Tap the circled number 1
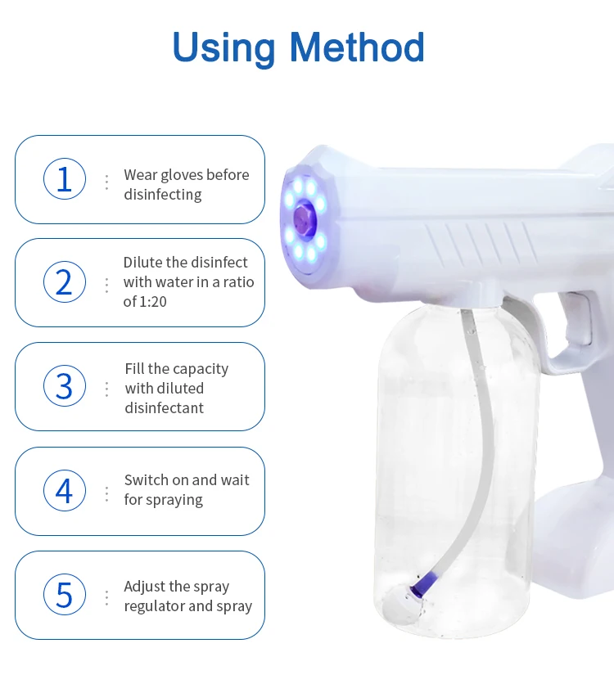65,179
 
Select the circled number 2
65,282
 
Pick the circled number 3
65,386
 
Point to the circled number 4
65,490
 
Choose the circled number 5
65,594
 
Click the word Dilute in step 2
143,263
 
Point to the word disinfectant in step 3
164,408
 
